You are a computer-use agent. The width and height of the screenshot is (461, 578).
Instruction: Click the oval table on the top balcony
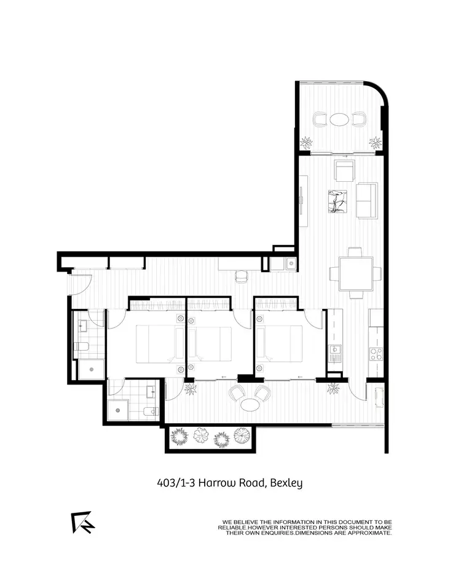coord(339,119)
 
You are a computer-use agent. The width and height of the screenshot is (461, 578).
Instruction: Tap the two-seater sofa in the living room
coord(367,201)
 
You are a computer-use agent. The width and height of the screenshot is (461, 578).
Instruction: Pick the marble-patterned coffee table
coord(336,201)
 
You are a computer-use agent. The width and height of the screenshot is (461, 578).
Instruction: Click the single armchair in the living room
coord(344,169)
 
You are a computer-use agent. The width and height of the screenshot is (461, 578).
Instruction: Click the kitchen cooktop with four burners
coord(376,353)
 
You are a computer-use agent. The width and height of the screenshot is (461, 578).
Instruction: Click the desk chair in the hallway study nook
coord(240,277)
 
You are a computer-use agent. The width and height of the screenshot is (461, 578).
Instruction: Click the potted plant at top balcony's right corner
coord(374,143)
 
